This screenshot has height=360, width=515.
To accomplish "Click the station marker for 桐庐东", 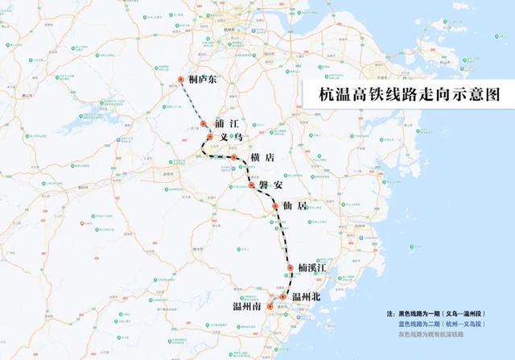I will (182, 79).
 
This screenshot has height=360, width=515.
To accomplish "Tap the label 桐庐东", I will (204, 80).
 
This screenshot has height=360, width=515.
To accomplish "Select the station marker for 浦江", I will (204, 125).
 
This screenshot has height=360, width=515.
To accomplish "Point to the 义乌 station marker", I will (209, 138).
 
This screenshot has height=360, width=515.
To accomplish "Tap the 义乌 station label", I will (231, 139).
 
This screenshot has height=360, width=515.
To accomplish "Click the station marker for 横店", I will (233, 158).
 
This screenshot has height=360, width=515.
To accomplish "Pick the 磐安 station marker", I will (252, 185).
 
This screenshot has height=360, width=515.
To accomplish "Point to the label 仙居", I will (296, 206).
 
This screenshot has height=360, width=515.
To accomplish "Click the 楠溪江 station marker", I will (290, 267).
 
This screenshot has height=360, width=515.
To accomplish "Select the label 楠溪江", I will (315, 267).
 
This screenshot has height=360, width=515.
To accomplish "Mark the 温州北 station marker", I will (282, 297).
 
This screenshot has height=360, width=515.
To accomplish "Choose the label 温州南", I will (247, 307).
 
